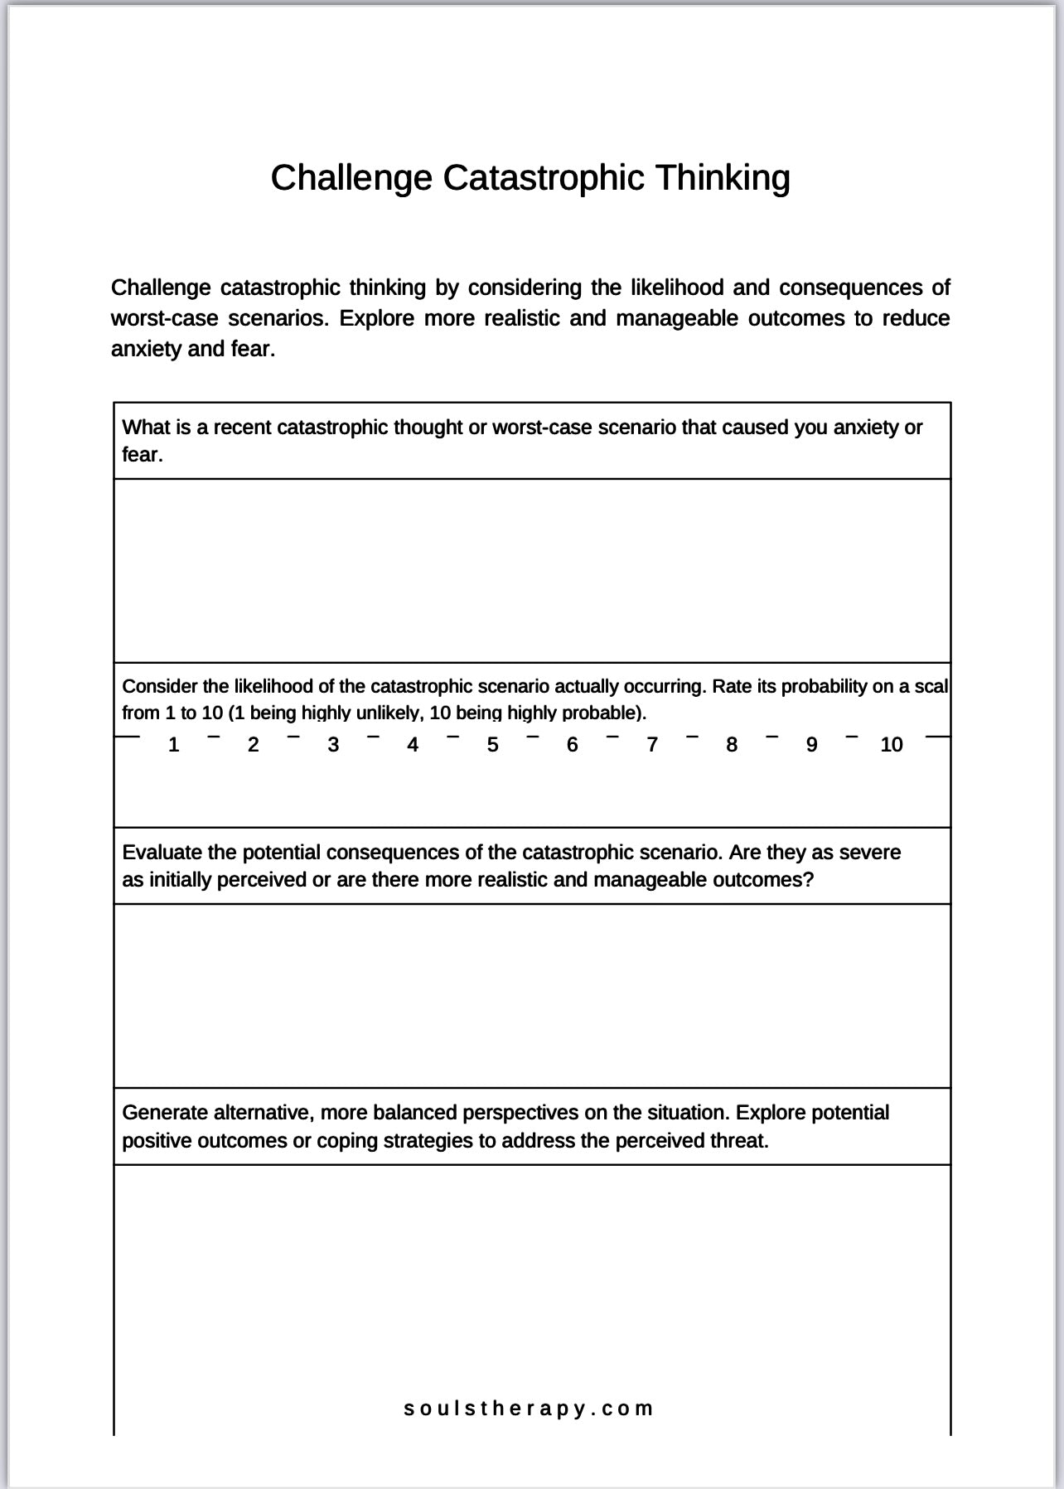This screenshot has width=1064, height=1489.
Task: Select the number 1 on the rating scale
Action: click(x=173, y=745)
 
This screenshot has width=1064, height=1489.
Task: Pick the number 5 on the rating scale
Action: click(x=492, y=745)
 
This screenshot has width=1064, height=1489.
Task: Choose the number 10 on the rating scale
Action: click(x=891, y=745)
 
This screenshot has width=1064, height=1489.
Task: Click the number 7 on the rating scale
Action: click(x=652, y=745)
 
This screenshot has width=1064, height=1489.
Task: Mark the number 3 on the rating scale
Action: click(x=333, y=745)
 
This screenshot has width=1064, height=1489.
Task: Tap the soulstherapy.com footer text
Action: click(x=529, y=1408)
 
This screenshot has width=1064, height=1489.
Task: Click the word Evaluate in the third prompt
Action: click(x=162, y=853)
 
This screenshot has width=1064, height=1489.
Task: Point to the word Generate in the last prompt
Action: click(x=165, y=1113)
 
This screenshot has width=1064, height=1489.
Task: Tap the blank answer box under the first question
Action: click(x=532, y=570)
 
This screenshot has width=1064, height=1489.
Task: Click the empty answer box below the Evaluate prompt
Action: click(x=532, y=995)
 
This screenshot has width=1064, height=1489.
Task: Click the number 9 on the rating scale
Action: click(x=811, y=745)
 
